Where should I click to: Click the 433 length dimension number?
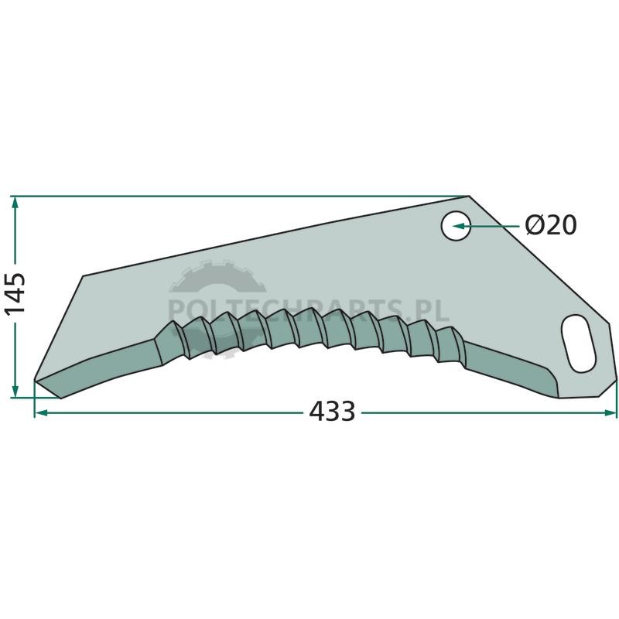(332, 412)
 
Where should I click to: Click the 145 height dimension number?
(15, 292)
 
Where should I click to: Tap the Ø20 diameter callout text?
(551, 225)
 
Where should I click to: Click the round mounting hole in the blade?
(456, 225)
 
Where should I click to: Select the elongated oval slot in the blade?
(578, 343)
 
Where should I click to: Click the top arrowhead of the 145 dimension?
(15, 203)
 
